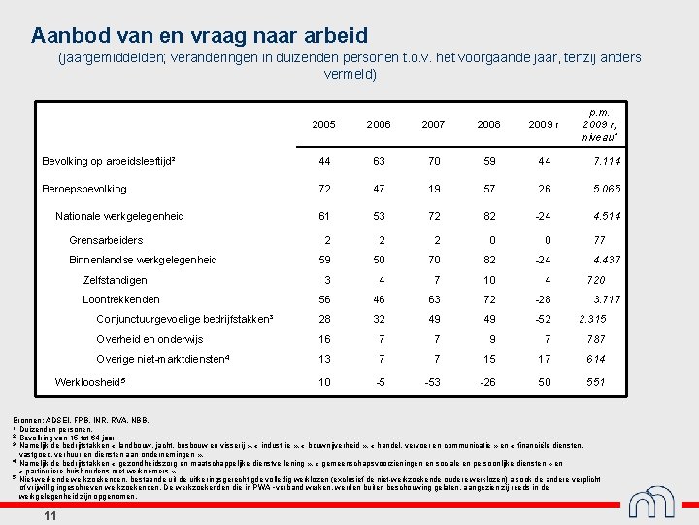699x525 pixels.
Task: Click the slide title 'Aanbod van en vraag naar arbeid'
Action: pos(200,36)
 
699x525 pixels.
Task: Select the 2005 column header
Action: pos(324,125)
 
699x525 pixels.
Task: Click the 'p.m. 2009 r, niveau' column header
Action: pos(601,124)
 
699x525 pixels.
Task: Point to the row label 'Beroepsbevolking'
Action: pos(84,189)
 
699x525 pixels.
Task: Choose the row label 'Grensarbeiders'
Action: pos(106,240)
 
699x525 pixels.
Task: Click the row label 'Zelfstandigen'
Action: pos(115,280)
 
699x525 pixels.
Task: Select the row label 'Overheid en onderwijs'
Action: pos(150,339)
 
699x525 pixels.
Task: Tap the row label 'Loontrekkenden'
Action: pos(121,299)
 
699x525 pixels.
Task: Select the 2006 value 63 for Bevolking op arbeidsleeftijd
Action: pos(379,161)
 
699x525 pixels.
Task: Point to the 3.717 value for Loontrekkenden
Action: pos(607,299)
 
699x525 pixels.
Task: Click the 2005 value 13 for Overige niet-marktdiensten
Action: pos(324,359)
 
